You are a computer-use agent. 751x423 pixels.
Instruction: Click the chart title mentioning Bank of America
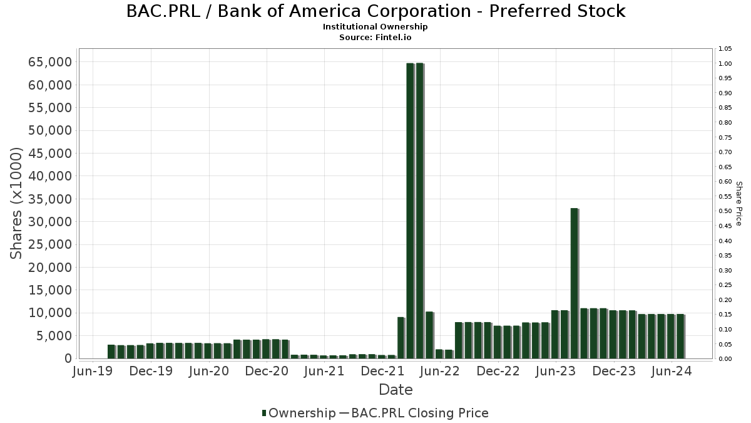pos(375,11)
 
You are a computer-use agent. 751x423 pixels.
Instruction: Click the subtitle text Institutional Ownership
pos(375,27)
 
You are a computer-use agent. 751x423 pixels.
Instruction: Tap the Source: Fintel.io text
pos(375,37)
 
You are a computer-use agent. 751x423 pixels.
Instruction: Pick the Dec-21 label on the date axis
pos(382,372)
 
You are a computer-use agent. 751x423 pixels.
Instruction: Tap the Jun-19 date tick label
pos(93,372)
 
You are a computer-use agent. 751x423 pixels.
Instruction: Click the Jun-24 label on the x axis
pos(672,372)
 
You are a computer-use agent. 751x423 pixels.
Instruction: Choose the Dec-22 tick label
pos(498,372)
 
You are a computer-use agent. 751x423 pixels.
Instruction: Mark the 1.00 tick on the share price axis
pos(725,64)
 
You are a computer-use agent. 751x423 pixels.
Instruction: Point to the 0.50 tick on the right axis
pos(725,211)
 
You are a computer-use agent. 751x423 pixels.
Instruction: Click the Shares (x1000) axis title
pos(17,204)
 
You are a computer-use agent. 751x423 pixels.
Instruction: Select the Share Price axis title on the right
pos(738,204)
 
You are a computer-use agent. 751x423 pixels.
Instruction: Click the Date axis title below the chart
pos(396,390)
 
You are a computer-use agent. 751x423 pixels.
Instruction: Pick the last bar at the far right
pos(680,337)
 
